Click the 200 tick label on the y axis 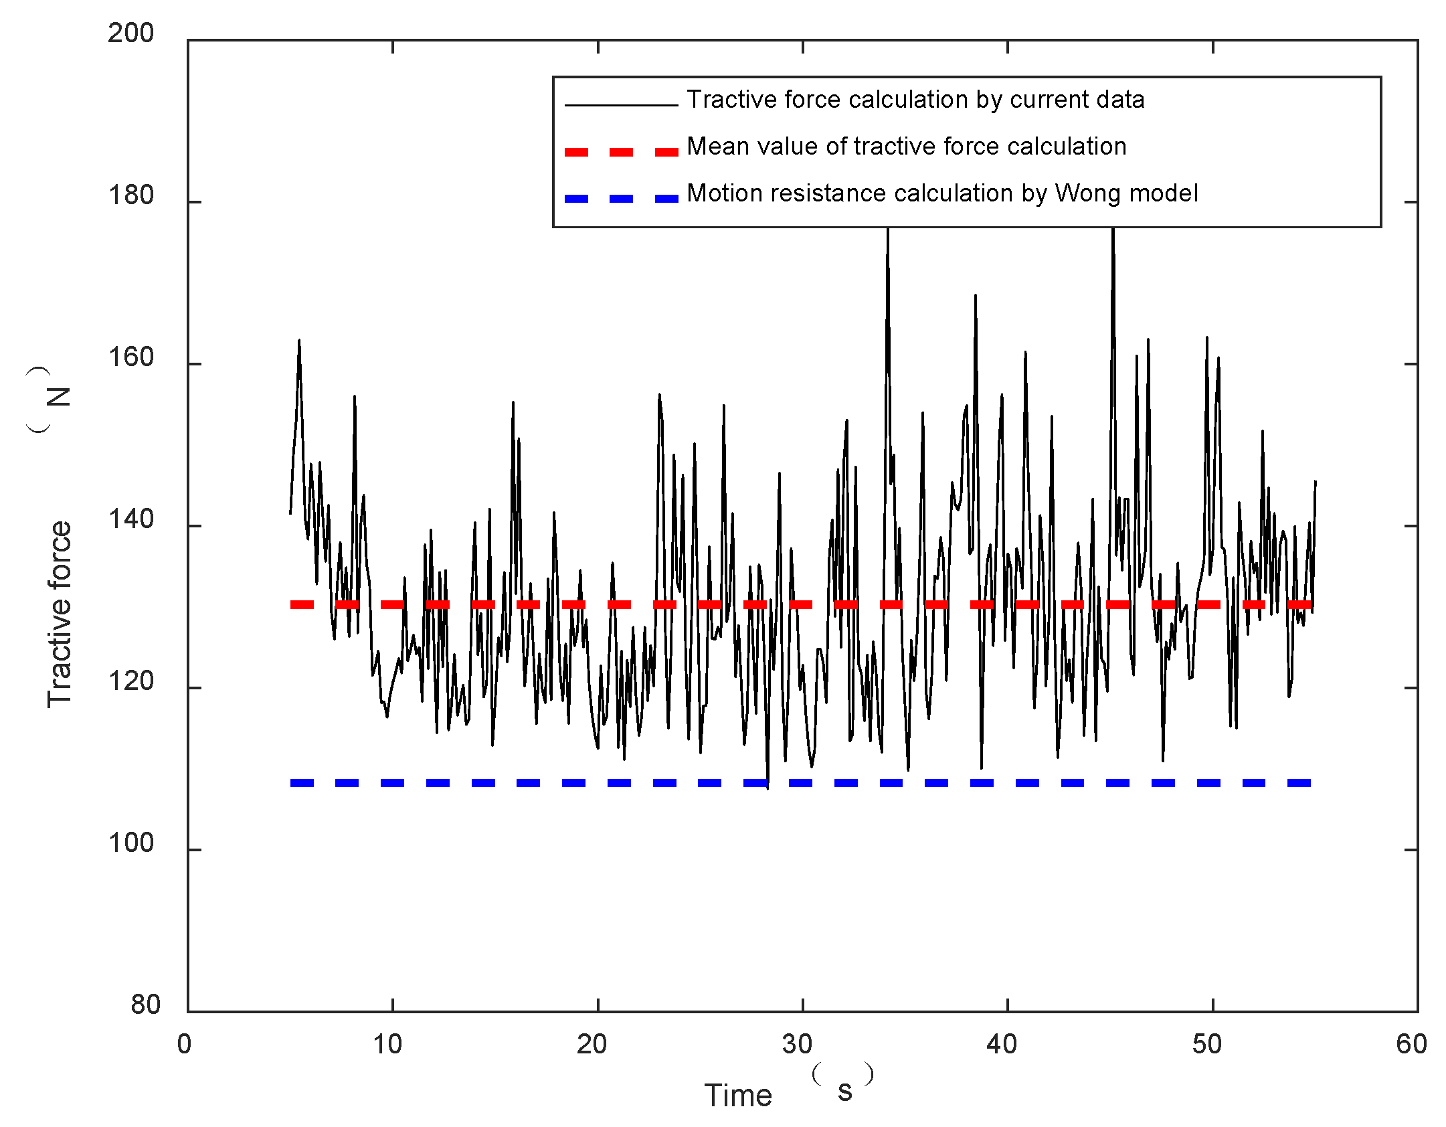click(130, 33)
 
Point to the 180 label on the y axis click(130, 195)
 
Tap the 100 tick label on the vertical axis click(130, 843)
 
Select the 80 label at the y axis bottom click(145, 1005)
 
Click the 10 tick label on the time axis click(387, 1045)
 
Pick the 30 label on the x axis click(797, 1045)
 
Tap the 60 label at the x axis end click(1411, 1045)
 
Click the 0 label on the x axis click(184, 1045)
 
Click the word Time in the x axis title click(738, 1096)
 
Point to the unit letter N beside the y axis click(59, 397)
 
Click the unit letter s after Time click(845, 1091)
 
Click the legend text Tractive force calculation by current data click(915, 100)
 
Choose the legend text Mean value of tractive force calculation click(906, 147)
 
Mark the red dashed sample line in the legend click(621, 152)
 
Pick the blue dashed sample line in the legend click(621, 199)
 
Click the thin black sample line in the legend click(621, 105)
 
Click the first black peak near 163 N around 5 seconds click(299, 341)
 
